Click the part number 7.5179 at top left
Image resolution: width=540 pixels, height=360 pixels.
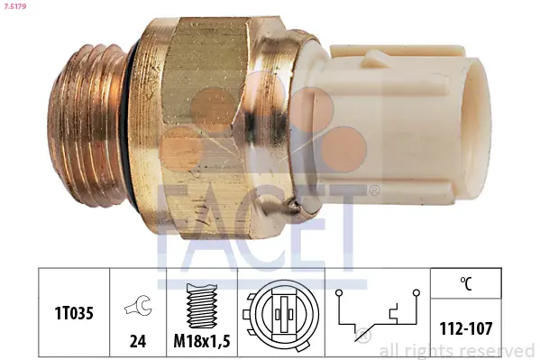coord(14,6)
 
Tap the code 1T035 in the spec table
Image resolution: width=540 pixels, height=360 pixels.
coord(74,313)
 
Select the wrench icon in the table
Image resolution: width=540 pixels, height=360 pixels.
coord(138,305)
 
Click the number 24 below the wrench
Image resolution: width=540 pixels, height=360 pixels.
coord(138,341)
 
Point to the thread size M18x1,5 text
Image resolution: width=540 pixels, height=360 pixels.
coord(202,341)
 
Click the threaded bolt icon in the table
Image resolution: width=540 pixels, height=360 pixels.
coord(202,306)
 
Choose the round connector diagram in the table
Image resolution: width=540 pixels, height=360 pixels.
coord(280,314)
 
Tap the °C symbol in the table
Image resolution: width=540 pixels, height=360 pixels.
coord(466,283)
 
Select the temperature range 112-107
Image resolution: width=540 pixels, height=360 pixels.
coord(466,328)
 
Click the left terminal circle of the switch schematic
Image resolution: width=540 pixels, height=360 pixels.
coord(339,292)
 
